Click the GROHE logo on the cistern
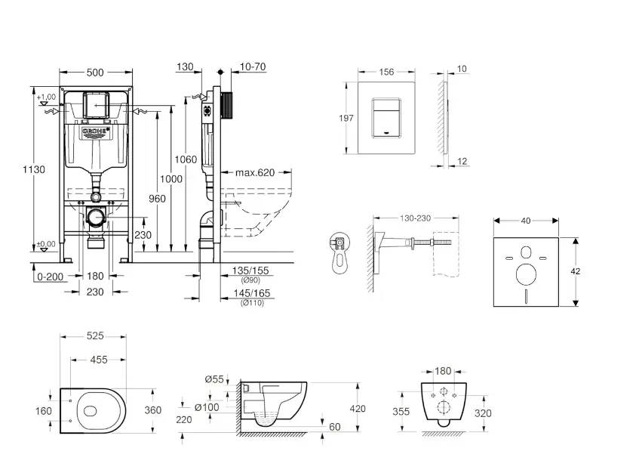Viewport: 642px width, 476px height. point(95,134)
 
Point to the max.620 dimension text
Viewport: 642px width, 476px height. point(255,172)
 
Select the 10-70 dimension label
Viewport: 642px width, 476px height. point(252,67)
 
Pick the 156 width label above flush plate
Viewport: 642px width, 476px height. point(386,72)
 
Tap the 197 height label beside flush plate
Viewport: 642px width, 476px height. point(346,118)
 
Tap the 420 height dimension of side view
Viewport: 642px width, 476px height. point(357,409)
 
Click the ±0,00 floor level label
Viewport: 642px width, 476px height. point(47,244)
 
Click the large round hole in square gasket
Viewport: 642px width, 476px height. point(526,273)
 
